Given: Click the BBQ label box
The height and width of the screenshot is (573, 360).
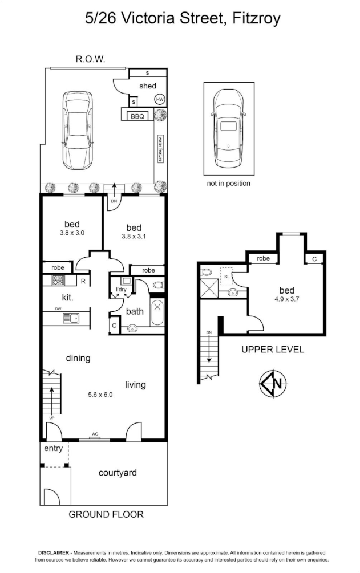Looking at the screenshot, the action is point(137,116).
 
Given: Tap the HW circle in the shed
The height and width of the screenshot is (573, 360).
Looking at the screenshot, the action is point(160,99).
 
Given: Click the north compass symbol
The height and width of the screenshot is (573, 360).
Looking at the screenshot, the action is point(273,384).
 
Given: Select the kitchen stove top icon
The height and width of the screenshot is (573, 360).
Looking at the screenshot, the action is point(58,280).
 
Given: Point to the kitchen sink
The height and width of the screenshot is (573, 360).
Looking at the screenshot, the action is point(71,318).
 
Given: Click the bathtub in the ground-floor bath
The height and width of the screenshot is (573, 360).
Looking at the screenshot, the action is point(157,312).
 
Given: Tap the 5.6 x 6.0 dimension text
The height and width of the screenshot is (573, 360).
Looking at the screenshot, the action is point(100,395).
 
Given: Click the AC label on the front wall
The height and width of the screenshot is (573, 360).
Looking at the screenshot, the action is point(95,434).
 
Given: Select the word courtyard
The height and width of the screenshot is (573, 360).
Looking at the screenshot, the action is point(118,473).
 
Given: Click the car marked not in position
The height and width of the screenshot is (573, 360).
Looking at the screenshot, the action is point(228,128).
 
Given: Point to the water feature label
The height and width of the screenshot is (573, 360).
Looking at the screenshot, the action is point(160,149).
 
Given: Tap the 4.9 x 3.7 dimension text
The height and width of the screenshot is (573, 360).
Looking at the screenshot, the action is point(287,299).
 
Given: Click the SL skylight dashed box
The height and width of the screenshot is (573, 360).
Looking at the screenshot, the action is point(227,277).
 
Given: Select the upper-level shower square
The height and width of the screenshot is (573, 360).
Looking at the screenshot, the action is point(209,289).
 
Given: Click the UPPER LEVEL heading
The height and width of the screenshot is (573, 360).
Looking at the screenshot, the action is point(273,350).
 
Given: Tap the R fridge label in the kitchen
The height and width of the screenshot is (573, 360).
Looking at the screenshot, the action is point(83,281).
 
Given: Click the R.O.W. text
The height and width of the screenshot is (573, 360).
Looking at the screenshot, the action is point(90,59).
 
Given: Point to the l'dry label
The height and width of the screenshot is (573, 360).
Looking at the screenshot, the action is point(121,290).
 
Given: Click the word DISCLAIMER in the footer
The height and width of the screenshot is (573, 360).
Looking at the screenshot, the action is point(54,553).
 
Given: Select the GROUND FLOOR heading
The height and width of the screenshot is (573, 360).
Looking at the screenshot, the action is point(106,514).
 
